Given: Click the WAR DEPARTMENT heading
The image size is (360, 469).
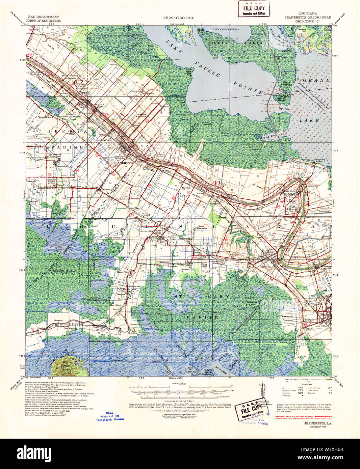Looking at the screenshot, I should point(43,17).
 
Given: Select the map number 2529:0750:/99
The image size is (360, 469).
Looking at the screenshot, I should point(179,18).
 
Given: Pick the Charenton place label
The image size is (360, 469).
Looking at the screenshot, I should point(288,191).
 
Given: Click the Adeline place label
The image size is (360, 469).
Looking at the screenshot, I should point(214,203).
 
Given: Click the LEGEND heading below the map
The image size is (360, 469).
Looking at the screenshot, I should point(307,384).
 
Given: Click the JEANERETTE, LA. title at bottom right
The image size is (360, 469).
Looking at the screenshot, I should point(317,423).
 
